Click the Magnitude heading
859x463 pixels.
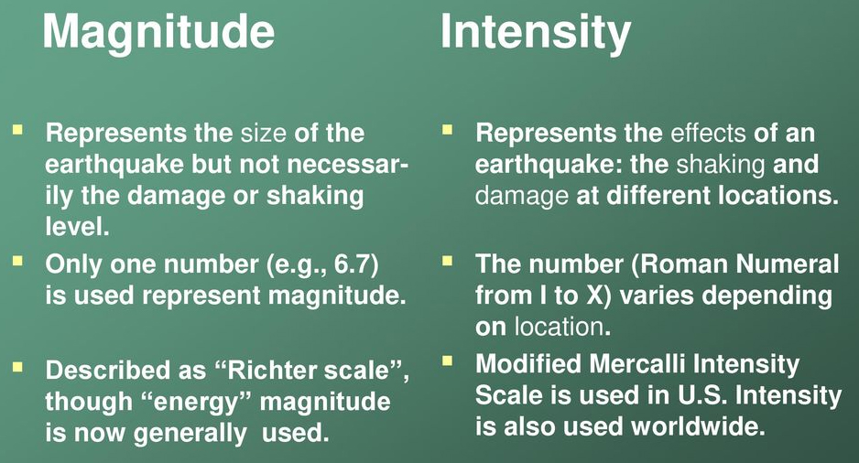point(158,33)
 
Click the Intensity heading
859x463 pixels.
point(536,33)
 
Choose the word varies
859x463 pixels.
point(664,296)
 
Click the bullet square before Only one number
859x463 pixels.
point(17,261)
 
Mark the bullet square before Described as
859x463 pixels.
point(17,367)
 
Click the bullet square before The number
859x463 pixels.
point(447,261)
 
